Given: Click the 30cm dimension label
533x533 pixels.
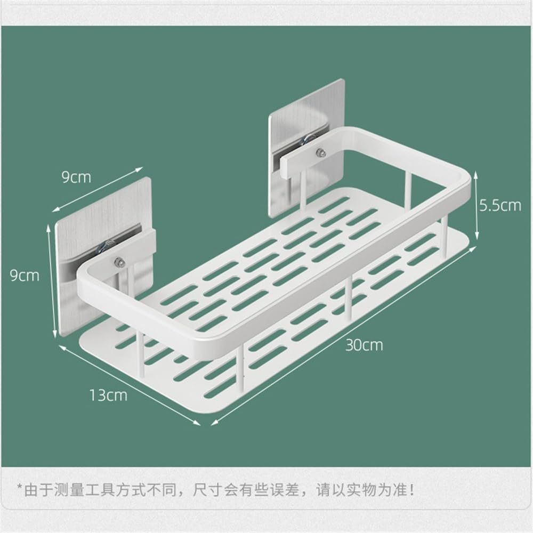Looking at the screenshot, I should (x=364, y=345).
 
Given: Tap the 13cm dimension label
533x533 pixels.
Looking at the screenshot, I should (x=108, y=395).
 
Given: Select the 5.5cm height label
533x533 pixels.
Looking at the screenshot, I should (x=499, y=205).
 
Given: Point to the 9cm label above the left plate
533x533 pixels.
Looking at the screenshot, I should (x=76, y=177).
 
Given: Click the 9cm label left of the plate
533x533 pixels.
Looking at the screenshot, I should (x=25, y=275).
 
